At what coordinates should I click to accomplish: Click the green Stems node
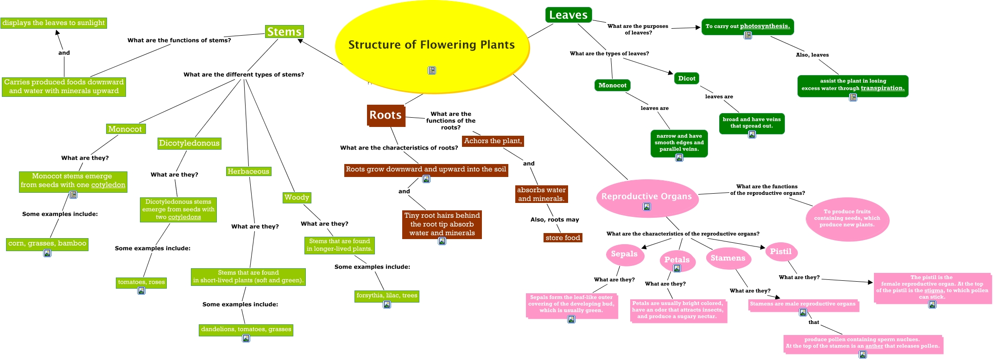point(285,32)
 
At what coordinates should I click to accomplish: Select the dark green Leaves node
point(568,15)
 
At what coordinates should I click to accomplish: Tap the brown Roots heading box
point(386,115)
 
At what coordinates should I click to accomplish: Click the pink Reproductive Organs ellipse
point(646,196)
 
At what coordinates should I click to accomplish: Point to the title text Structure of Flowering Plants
point(431,45)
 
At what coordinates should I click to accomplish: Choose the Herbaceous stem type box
point(248,171)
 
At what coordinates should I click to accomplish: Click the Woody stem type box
point(297,197)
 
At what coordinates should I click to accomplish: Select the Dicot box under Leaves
point(686,78)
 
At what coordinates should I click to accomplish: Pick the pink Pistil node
point(781,252)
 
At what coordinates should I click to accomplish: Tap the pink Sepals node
point(624,254)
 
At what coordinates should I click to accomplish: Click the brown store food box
point(563,238)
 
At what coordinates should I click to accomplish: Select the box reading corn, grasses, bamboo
point(47,243)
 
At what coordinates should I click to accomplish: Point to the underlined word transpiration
point(882,88)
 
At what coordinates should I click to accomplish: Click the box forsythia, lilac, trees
point(386,296)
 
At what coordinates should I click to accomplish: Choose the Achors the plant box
point(493,141)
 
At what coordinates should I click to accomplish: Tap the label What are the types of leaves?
point(609,54)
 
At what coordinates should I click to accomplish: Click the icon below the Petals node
point(677,268)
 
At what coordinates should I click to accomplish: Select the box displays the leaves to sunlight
point(54,23)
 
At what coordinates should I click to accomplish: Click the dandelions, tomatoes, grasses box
point(246,329)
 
